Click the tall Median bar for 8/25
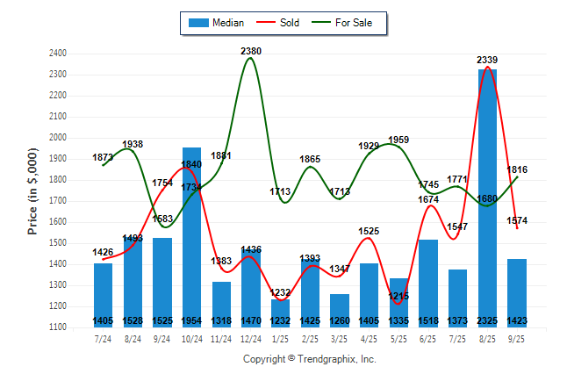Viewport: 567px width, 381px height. pyautogui.click(x=487, y=193)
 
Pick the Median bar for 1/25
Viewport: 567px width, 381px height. pyautogui.click(x=280, y=312)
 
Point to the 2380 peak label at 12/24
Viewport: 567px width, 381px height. pyautogui.click(x=251, y=51)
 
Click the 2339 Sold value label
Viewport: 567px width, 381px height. pyautogui.click(x=487, y=60)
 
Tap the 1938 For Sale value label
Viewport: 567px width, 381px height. pyautogui.click(x=133, y=144)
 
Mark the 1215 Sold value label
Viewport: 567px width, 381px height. pyautogui.click(x=398, y=296)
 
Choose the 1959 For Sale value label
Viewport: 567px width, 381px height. pyautogui.click(x=398, y=140)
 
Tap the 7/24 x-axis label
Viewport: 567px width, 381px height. pyautogui.click(x=103, y=338)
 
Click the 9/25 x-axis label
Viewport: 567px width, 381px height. pyautogui.click(x=517, y=338)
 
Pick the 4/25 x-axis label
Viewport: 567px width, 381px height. pyautogui.click(x=369, y=338)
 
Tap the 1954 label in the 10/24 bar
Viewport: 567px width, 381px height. pyautogui.click(x=191, y=321)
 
